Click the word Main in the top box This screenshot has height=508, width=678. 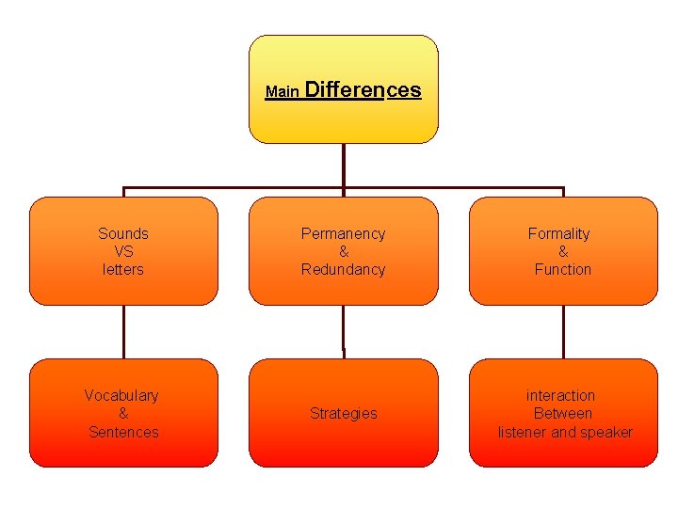click(282, 92)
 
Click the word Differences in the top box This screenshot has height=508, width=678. click(363, 90)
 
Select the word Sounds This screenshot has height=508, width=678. click(123, 233)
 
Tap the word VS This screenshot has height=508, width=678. click(123, 251)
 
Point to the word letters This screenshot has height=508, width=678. click(123, 269)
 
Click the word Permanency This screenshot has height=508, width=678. click(343, 233)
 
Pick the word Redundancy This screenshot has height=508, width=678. click(343, 269)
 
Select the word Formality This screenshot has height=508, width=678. click(558, 233)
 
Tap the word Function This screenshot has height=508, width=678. click(562, 269)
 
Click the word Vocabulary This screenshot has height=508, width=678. click(121, 395)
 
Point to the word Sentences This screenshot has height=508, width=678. click(123, 432)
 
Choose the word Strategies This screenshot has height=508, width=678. click(343, 413)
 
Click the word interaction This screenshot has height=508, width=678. click(560, 395)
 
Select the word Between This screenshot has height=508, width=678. click(562, 413)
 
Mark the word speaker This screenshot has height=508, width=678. click(607, 432)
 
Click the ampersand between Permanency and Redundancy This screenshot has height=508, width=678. click(343, 251)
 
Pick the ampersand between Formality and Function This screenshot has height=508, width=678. click(563, 251)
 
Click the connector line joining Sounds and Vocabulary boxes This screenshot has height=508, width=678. click(123, 332)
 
